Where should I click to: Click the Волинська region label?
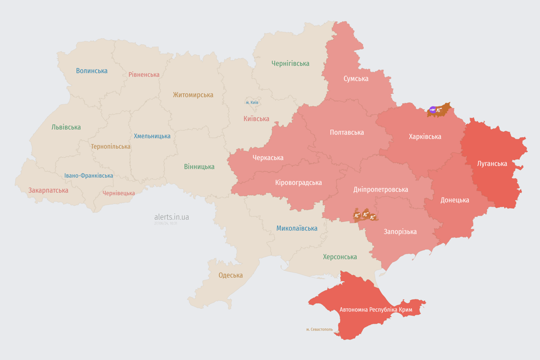(92, 71)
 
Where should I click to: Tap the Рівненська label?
(144, 75)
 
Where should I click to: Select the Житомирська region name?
(193, 95)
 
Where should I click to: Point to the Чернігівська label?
(290, 63)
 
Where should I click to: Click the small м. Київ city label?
(252, 102)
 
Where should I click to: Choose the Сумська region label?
(356, 78)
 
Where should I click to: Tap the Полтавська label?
(347, 132)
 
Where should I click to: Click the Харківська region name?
(425, 136)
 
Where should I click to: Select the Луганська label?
(492, 164)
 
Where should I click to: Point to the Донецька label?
(454, 200)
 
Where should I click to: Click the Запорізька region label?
(400, 232)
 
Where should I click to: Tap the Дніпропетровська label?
(380, 189)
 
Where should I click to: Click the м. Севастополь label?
(319, 330)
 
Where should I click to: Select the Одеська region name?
(231, 275)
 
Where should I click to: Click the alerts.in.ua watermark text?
(172, 217)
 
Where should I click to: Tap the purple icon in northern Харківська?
(433, 110)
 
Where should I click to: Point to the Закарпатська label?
(48, 190)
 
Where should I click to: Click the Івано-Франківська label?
(89, 176)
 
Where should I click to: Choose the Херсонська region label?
(339, 257)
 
